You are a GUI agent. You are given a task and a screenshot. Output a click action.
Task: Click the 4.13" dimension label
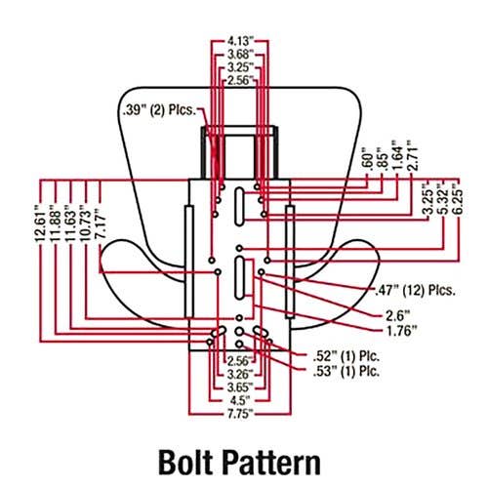[240, 41]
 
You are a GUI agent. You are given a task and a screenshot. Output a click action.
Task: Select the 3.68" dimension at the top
[240, 54]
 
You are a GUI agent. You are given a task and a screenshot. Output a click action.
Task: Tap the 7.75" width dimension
[240, 414]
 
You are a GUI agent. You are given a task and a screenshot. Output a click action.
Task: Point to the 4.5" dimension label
[240, 400]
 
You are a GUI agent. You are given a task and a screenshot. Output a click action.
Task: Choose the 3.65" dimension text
[240, 387]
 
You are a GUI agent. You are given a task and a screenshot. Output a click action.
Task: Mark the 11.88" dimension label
[55, 224]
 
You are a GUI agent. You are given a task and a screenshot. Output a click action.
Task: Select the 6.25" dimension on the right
[459, 200]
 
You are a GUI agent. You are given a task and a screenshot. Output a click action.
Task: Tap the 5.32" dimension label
[444, 200]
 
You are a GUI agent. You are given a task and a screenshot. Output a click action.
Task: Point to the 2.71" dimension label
[412, 156]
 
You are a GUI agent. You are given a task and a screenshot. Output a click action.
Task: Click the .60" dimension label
[367, 159]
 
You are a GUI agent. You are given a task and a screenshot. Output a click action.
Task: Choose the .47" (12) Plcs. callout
[415, 290]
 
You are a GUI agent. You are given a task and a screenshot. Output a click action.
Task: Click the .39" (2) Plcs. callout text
[160, 110]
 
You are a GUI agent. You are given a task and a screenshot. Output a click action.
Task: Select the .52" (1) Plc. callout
[346, 356]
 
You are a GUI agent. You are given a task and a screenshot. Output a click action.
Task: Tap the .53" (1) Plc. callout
[346, 371]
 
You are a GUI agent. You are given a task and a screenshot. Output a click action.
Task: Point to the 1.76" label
[401, 331]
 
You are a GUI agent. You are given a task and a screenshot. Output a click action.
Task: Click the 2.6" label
[397, 315]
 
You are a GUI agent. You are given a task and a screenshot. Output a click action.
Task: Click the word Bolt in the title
[184, 462]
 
